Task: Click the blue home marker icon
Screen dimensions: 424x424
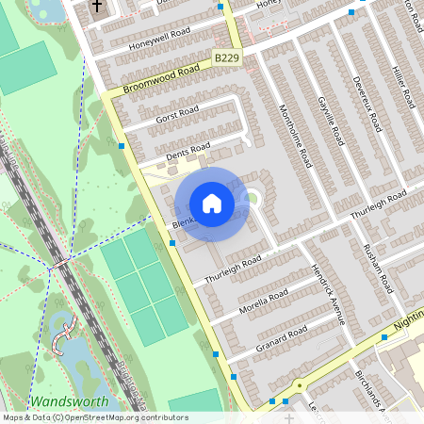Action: pos(212,204)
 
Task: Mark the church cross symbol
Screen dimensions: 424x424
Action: pos(97,8)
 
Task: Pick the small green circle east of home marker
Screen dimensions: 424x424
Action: pos(253,198)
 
